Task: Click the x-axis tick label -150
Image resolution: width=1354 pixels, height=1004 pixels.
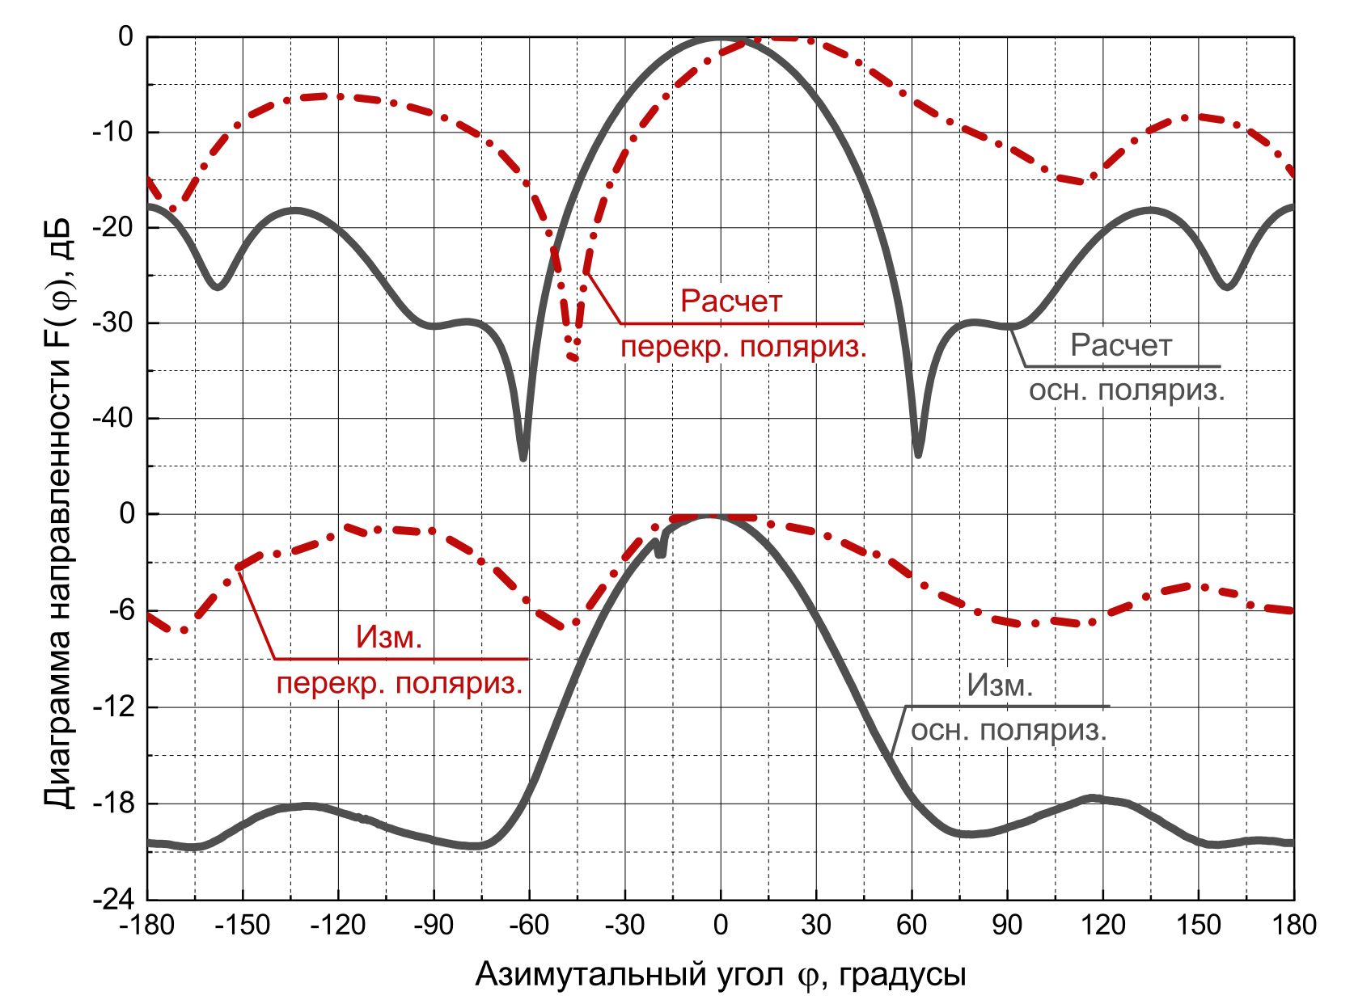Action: tap(242, 925)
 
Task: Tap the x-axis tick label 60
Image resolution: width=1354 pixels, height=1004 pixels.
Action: tap(912, 925)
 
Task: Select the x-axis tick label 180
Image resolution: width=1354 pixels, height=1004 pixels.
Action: tap(1294, 925)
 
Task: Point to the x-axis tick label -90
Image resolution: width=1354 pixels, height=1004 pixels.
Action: tap(433, 925)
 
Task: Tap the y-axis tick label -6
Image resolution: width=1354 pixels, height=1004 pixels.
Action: tap(121, 610)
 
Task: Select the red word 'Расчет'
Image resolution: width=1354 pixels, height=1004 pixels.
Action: tap(731, 302)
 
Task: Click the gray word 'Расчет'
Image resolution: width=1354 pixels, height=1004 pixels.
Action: tap(1121, 346)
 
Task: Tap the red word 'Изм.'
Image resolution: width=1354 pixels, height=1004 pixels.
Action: tap(389, 638)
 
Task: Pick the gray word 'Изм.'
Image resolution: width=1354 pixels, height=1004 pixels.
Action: tap(1001, 686)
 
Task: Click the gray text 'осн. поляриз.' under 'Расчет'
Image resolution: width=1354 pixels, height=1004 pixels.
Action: tap(1127, 390)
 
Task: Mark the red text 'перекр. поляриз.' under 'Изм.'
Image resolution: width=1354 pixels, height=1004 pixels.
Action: tap(400, 684)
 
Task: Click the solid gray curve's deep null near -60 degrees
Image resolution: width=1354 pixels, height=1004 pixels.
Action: tap(523, 457)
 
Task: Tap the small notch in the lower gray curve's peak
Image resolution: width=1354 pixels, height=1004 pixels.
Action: tap(661, 550)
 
